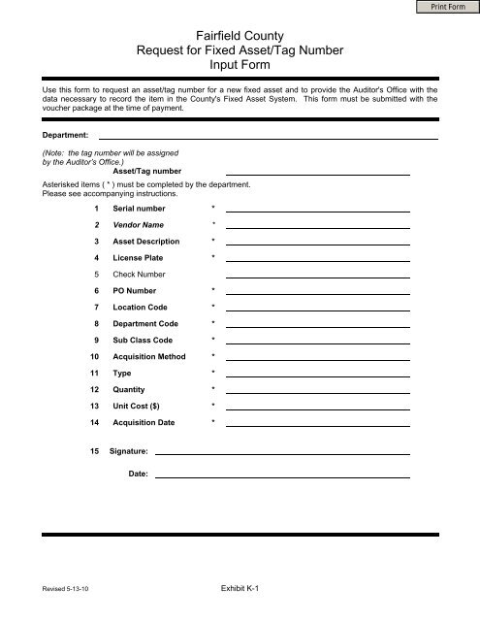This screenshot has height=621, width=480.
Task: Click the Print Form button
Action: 449,9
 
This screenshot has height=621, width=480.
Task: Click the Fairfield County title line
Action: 240,35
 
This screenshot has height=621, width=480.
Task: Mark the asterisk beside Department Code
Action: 213,323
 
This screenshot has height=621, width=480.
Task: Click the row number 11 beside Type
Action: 95,373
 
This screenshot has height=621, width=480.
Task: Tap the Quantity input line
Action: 317,388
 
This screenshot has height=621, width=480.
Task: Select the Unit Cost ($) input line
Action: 317,405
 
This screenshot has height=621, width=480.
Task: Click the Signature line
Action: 282,451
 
